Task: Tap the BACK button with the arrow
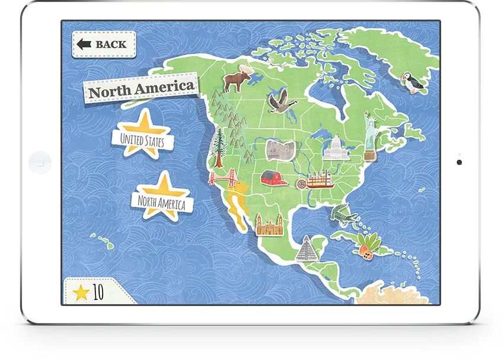pos(104,44)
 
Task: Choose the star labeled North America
pos(161,200)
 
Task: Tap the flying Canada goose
pos(280,103)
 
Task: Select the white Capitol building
pos(335,148)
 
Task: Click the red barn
pos(274,178)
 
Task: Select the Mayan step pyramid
pos(307,249)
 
